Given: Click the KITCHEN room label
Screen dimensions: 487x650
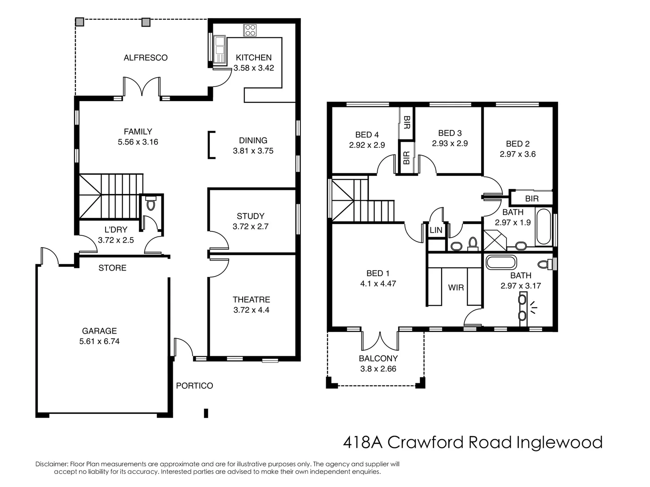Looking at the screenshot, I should click(254, 58).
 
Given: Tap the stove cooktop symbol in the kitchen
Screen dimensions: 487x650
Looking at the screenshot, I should click(250, 30).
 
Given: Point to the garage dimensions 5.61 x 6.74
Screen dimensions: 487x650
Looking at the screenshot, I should click(99, 341).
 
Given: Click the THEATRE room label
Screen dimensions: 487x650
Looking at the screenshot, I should click(251, 299).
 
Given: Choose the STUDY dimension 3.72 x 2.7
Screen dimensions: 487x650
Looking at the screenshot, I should click(250, 226).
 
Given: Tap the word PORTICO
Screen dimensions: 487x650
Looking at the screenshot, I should click(194, 386).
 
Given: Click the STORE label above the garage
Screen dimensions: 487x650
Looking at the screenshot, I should click(112, 268).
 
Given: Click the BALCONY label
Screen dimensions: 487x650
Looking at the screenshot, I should click(378, 358).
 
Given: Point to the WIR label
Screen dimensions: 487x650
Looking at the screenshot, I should click(456, 287).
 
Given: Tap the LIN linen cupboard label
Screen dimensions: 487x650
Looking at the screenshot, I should click(436, 230).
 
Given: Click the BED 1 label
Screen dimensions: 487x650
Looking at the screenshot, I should click(378, 273).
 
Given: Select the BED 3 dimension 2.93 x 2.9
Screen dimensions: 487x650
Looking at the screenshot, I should click(450, 143).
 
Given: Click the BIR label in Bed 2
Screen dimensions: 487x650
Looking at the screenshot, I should click(531, 199).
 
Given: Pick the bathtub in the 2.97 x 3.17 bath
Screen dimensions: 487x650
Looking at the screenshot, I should click(501, 262).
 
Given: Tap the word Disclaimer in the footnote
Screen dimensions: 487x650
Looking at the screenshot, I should click(51, 464).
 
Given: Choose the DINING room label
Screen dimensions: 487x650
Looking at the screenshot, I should click(253, 140).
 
